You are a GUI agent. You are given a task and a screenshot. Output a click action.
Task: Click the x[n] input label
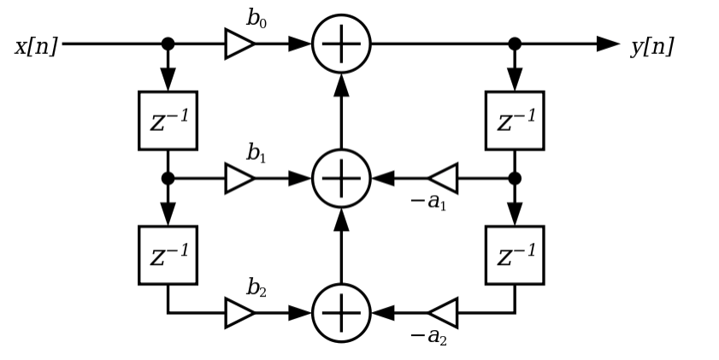tap(36, 45)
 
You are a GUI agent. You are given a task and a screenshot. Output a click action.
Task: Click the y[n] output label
tap(652, 45)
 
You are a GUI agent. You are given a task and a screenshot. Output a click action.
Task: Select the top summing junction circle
tap(341, 44)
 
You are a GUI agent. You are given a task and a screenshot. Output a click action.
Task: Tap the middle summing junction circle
tap(341, 179)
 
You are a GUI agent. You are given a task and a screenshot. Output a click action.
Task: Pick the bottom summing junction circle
tap(341, 313)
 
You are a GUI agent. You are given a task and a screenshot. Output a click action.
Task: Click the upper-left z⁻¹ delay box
tap(168, 121)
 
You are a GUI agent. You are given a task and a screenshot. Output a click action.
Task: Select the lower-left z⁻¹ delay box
tap(168, 255)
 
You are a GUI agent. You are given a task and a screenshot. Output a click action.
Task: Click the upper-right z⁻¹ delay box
tap(515, 121)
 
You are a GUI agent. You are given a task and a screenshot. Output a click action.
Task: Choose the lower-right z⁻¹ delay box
tap(515, 255)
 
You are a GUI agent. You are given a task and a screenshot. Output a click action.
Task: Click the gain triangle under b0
tap(239, 44)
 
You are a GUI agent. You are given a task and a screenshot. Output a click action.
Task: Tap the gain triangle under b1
tap(239, 179)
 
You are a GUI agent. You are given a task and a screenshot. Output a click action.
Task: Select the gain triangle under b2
tap(239, 313)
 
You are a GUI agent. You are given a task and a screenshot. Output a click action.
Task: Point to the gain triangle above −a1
tap(444, 179)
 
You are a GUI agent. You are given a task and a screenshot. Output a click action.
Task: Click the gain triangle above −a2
tap(444, 313)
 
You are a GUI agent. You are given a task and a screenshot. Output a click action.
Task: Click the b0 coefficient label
tap(256, 19)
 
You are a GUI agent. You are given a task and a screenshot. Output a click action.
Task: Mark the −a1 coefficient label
tap(428, 202)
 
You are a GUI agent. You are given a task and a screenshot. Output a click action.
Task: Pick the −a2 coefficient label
tap(428, 336)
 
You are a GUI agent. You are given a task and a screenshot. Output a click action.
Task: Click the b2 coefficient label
tap(256, 288)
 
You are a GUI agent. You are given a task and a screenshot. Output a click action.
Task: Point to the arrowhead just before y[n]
tap(608, 44)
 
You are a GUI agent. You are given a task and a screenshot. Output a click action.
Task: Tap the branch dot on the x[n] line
tap(168, 44)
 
